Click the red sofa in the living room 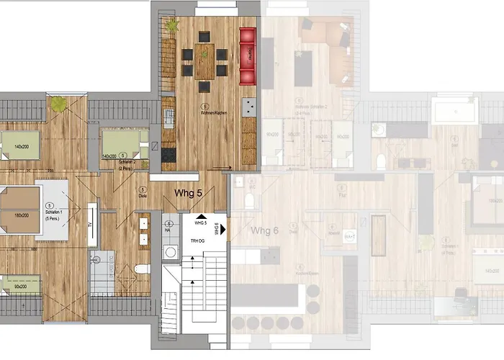pyautogui.click(x=248, y=56)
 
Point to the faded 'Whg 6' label pyautogui.click(x=264, y=230)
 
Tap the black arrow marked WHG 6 pyautogui.click(x=225, y=231)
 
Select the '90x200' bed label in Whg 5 pyautogui.click(x=19, y=287)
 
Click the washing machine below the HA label pyautogui.click(x=170, y=252)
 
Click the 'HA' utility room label pyautogui.click(x=167, y=230)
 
